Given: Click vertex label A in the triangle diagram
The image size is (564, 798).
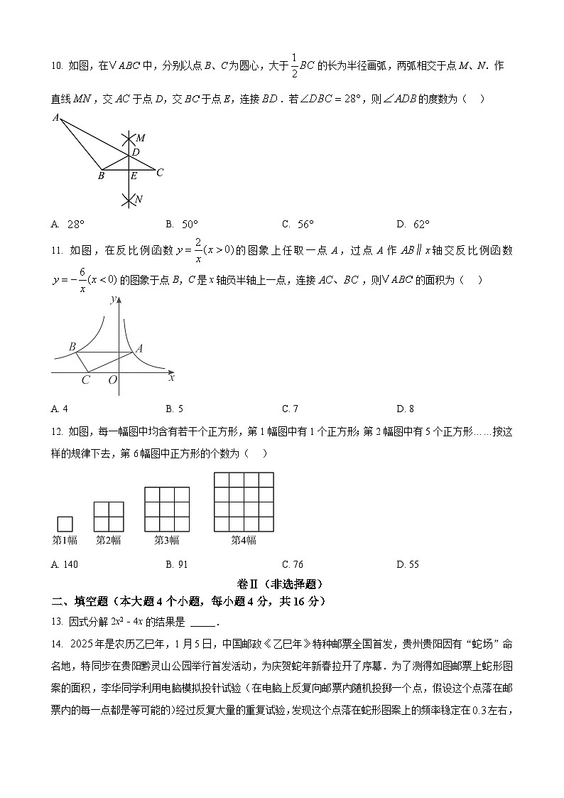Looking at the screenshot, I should pyautogui.click(x=55, y=118).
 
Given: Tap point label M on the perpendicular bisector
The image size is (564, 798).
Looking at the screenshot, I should pyautogui.click(x=141, y=138).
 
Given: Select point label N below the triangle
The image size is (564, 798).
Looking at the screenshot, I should pyautogui.click(x=139, y=200).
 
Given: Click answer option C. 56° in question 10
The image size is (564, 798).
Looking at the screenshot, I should pyautogui.click(x=298, y=225).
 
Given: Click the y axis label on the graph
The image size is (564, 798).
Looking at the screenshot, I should pyautogui.click(x=113, y=301).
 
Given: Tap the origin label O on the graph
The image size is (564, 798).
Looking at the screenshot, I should pyautogui.click(x=112, y=381).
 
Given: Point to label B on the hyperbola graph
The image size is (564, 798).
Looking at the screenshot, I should pyautogui.click(x=72, y=347).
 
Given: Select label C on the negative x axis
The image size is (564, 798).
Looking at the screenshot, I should pyautogui.click(x=85, y=380).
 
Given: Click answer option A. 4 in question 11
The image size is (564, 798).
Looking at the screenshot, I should pyautogui.click(x=60, y=409).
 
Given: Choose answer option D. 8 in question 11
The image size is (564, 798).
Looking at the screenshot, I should pyautogui.click(x=405, y=409).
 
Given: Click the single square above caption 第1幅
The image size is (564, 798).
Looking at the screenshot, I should pyautogui.click(x=64, y=524).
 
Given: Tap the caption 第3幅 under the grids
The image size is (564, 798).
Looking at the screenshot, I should pyautogui.click(x=167, y=540).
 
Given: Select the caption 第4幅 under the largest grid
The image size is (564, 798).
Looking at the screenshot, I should pyautogui.click(x=244, y=540).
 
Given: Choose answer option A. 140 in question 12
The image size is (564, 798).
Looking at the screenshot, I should pyautogui.click(x=65, y=564).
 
